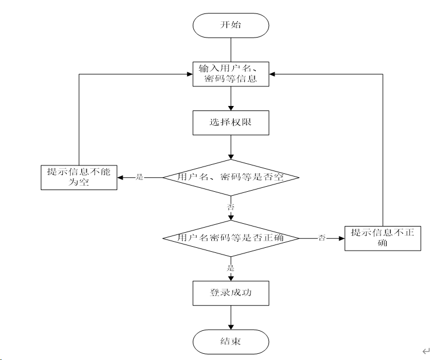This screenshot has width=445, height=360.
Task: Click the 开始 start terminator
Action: coord(231,25)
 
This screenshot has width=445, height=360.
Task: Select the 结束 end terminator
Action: coord(231,342)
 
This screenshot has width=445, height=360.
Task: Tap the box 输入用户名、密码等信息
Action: coord(231,74)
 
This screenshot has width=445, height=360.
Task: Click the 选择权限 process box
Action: coord(231,123)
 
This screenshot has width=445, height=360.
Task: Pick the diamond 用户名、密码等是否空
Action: coord(231,178)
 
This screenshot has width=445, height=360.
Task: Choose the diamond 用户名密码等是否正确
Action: coord(231,238)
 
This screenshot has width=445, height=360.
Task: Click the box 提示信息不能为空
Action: coord(79,177)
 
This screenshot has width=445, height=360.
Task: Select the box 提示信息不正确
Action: coord(383,238)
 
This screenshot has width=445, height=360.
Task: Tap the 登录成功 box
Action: coord(231,293)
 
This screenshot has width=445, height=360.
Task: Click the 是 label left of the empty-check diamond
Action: coord(140,177)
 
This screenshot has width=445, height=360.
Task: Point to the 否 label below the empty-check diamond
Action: coord(231,207)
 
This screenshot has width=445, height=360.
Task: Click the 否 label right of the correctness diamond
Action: coord(322,238)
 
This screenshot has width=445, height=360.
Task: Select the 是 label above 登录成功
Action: coord(231,267)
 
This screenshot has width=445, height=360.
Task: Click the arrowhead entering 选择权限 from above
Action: coord(231,108)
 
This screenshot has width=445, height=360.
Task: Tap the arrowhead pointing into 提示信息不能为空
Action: coord(120,178)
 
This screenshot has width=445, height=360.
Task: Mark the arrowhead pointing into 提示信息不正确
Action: coord(342,238)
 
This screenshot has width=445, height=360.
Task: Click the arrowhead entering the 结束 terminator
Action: coord(231,327)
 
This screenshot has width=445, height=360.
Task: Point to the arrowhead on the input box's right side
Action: coord(272,74)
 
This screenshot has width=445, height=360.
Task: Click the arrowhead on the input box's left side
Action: coord(190,74)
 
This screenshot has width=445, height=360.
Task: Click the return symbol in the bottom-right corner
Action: coord(426,351)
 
